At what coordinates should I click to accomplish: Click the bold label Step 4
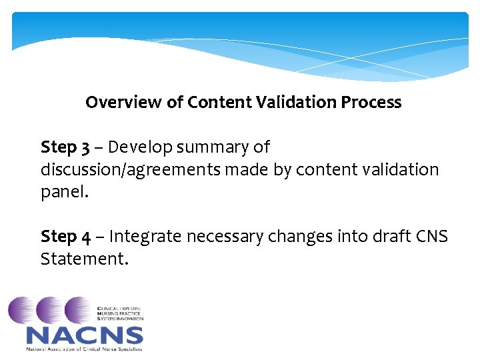(x=64, y=237)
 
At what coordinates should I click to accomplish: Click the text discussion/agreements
(x=131, y=169)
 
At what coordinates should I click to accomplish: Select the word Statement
(x=83, y=259)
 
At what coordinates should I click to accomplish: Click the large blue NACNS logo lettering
(x=84, y=335)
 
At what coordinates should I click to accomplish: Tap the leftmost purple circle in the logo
(x=21, y=310)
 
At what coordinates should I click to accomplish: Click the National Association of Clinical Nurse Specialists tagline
(x=84, y=349)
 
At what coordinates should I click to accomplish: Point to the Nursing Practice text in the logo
(x=119, y=314)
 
